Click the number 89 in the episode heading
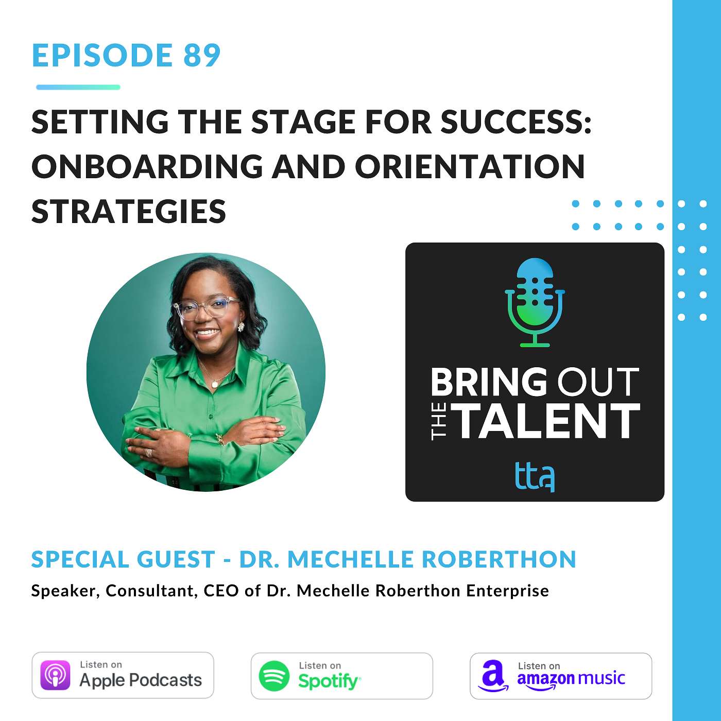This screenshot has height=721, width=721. pyautogui.click(x=202, y=55)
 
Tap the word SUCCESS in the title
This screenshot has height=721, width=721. pyautogui.click(x=516, y=122)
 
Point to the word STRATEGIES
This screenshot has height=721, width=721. pyautogui.click(x=129, y=211)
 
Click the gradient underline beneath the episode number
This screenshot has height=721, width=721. pyautogui.click(x=78, y=88)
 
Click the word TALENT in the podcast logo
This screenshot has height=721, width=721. pyautogui.click(x=548, y=421)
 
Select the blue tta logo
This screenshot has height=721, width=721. pyautogui.click(x=535, y=476)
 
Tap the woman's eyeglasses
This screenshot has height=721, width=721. pyautogui.click(x=207, y=308)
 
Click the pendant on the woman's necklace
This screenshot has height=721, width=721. pyautogui.click(x=214, y=384)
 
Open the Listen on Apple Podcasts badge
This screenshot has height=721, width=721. pyautogui.click(x=123, y=675)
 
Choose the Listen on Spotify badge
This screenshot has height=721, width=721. pyautogui.click(x=341, y=676)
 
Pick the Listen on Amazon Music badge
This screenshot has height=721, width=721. pyautogui.click(x=560, y=676)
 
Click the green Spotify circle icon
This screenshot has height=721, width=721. pyautogui.click(x=273, y=676)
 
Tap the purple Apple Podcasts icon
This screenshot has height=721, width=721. pyautogui.click(x=55, y=676)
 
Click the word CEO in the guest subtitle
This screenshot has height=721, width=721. pyautogui.click(x=221, y=591)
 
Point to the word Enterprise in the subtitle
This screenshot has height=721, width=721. pyautogui.click(x=507, y=591)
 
